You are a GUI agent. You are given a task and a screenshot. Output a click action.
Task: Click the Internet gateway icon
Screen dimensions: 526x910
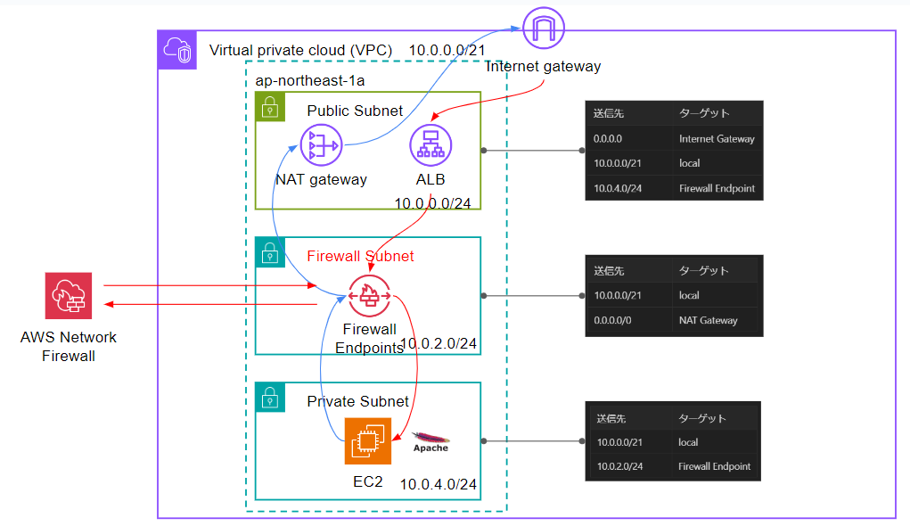tap(543, 28)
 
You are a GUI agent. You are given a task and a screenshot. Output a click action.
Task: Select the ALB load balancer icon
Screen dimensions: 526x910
tap(430, 144)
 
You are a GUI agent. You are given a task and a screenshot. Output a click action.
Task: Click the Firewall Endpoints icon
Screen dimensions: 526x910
tap(369, 295)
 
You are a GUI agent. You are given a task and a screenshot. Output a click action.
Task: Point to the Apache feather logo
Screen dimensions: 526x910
tap(430, 440)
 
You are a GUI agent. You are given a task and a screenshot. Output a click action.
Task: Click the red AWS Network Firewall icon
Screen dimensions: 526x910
tap(68, 296)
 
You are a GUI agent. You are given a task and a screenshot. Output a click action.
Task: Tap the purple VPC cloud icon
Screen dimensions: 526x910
tap(177, 50)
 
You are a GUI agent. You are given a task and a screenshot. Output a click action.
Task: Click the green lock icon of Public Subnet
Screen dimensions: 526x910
tap(269, 110)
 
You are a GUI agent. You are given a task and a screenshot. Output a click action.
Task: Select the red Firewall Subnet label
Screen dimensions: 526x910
tap(360, 256)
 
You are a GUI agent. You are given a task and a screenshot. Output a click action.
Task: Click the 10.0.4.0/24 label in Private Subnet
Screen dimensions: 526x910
tap(438, 485)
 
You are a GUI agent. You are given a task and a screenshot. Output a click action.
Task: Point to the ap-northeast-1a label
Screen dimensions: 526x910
tap(309, 80)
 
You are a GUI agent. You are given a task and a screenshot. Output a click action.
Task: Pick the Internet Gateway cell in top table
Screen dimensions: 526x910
tap(717, 138)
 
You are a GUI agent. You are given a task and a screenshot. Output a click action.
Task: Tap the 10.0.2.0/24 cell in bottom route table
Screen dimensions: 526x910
tap(618, 466)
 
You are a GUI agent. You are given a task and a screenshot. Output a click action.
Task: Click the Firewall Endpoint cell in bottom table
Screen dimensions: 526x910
tap(714, 466)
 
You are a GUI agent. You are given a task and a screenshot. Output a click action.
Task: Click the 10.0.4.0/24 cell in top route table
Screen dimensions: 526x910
tap(616, 188)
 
